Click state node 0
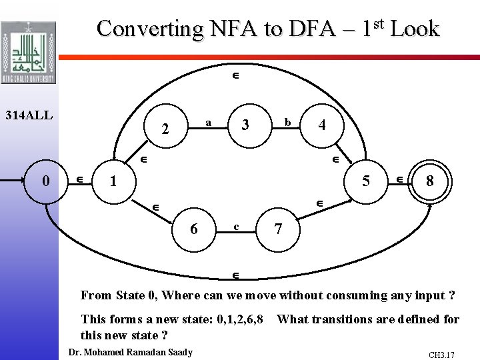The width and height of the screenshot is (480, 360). (45, 180)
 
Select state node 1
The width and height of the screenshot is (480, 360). (113, 180)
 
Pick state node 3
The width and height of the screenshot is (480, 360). (246, 125)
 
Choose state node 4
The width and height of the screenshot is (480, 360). (322, 125)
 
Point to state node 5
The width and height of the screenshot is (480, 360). (366, 180)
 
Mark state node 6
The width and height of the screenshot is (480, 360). (193, 228)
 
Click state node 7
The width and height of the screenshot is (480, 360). (278, 229)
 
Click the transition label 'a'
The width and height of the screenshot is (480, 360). (209, 123)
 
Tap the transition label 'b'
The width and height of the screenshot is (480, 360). (287, 123)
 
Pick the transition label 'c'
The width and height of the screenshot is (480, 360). (236, 227)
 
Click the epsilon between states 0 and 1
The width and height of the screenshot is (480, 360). (79, 179)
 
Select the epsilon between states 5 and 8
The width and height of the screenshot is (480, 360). (399, 179)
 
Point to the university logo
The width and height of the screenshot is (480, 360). (28, 53)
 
